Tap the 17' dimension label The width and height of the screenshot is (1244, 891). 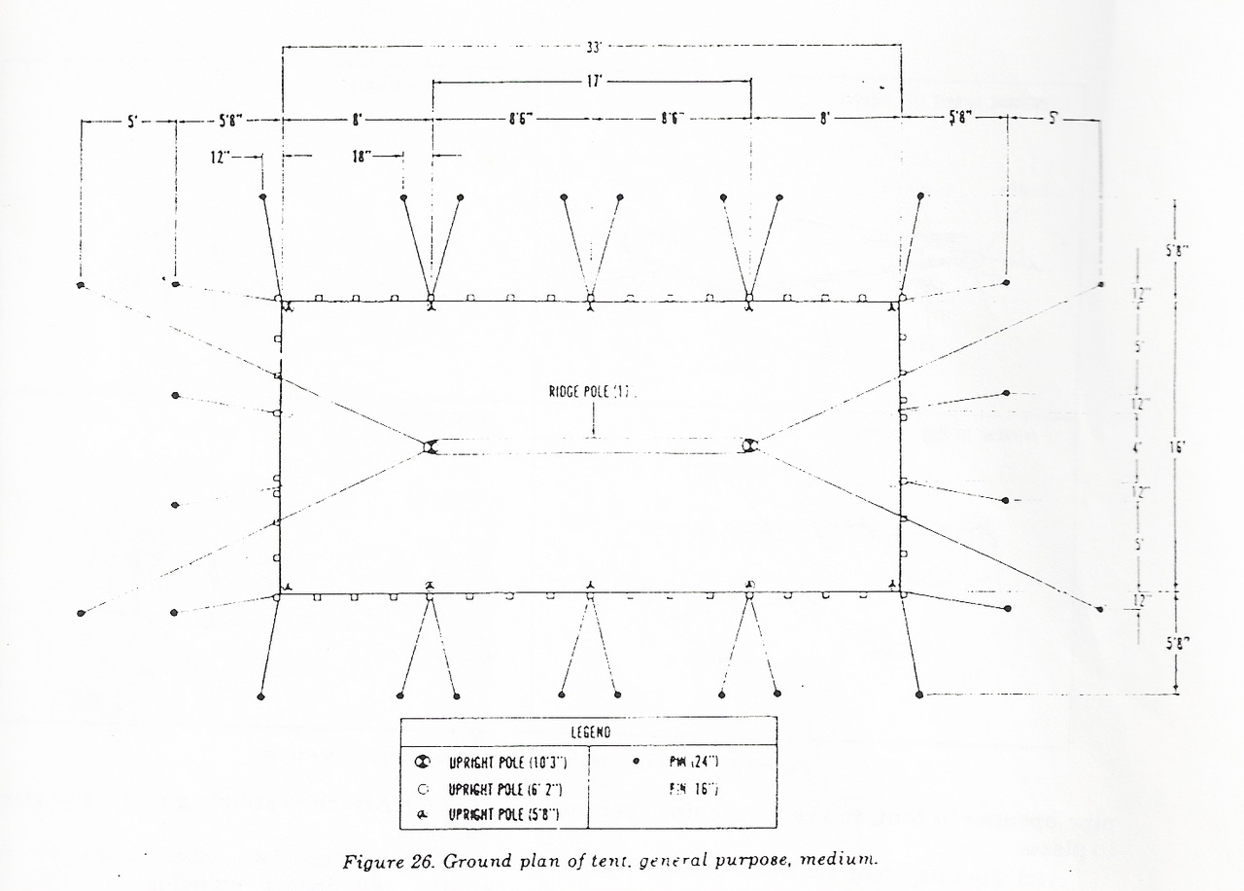pos(593,82)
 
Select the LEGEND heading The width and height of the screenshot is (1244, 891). pos(589,731)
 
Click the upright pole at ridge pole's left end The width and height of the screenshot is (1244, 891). pos(430,446)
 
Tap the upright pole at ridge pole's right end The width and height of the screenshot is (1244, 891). pos(748,445)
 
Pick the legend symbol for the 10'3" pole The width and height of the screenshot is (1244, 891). pos(422,764)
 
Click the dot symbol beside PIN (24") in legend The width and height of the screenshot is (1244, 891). pos(635,762)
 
